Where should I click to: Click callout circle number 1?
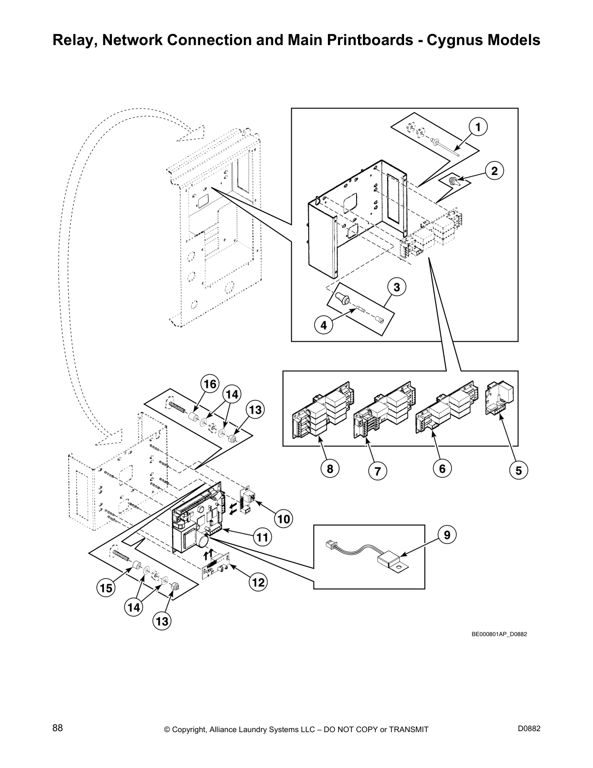[478, 128]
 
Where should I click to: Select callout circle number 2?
[494, 171]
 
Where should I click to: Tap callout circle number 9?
[447, 535]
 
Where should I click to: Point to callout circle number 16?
[209, 384]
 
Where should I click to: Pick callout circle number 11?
[262, 537]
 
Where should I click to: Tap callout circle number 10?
[283, 519]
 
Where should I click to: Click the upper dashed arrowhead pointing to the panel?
[191, 133]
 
